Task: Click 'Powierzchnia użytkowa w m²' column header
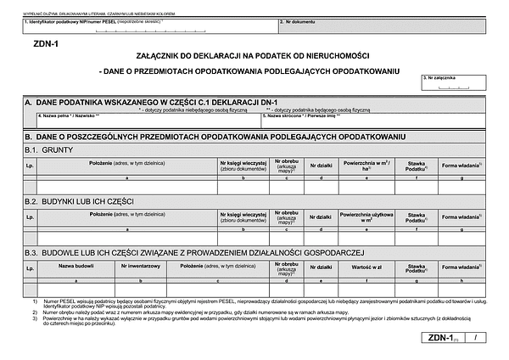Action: point(366,217)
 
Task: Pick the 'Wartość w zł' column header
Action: point(366,267)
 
